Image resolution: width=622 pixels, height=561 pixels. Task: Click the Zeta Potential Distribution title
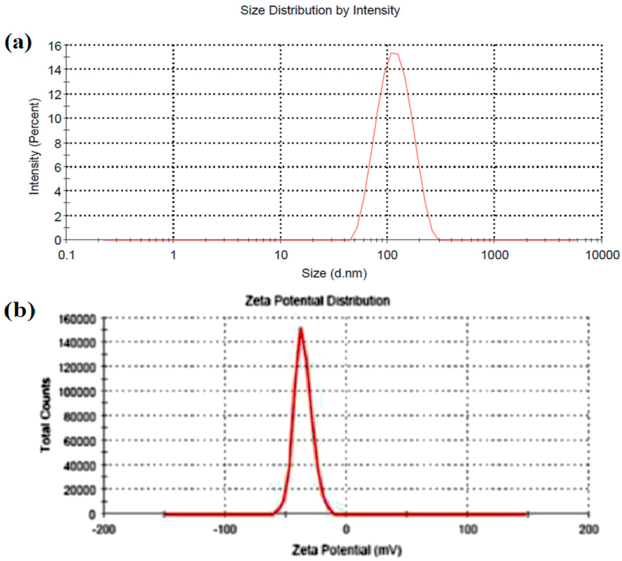[318, 301]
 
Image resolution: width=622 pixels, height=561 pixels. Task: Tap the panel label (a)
[18, 43]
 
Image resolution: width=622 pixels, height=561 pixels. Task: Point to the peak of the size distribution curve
[394, 54]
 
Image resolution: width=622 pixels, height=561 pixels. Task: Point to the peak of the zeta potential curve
[301, 329]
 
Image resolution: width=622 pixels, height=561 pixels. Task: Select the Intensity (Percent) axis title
[34, 146]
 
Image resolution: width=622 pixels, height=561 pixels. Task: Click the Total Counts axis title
[46, 415]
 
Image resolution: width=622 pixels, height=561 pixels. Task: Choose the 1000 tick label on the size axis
[494, 255]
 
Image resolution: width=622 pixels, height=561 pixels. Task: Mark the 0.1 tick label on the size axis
[67, 255]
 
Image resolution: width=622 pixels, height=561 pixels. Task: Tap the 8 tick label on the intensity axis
[58, 143]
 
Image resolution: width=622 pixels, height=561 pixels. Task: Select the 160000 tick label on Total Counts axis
[77, 319]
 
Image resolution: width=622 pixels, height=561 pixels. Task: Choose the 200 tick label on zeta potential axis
[589, 530]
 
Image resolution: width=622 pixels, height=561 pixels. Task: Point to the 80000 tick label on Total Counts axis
[80, 417]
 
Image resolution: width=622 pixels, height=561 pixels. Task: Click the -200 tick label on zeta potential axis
[104, 530]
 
